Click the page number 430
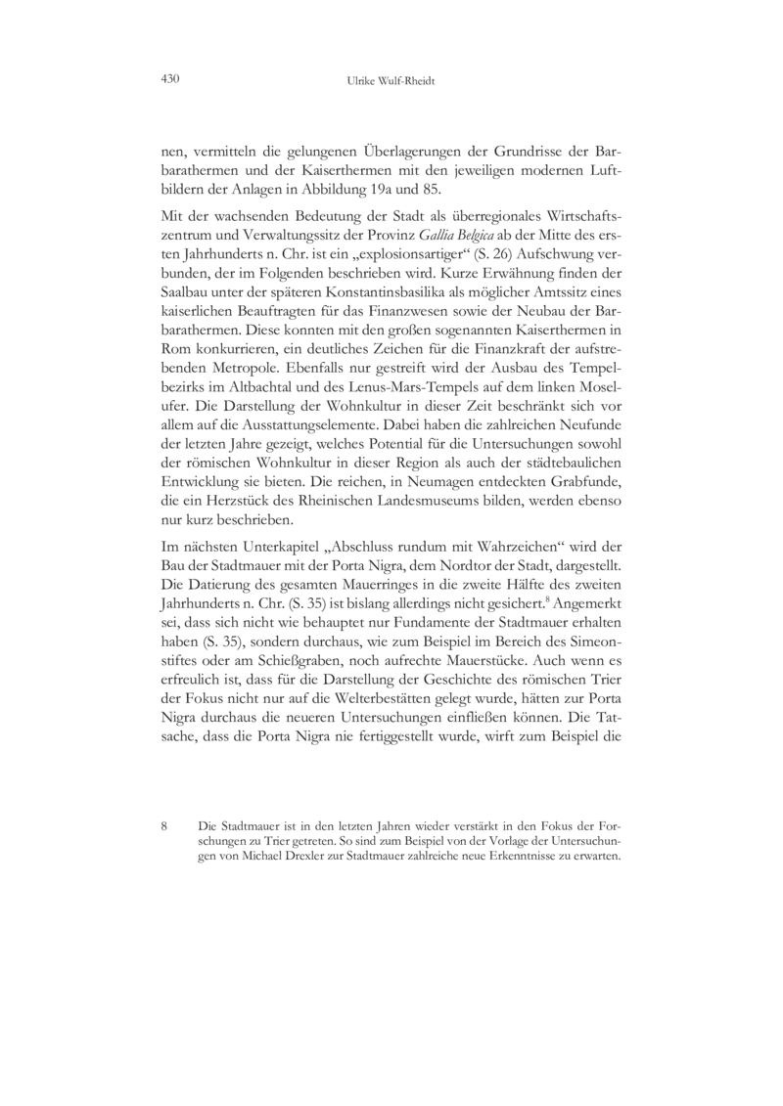(x=171, y=78)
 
